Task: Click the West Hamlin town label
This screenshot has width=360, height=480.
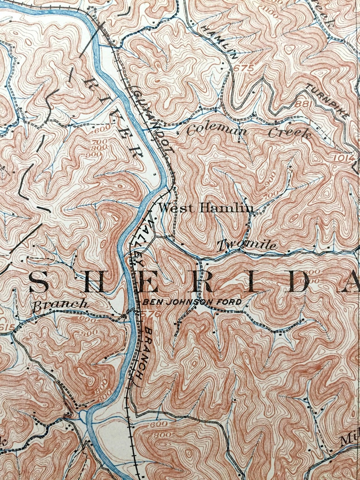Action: tap(207, 208)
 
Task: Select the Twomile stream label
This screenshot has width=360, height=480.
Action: tap(247, 245)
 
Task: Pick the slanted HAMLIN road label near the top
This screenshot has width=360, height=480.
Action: tap(220, 43)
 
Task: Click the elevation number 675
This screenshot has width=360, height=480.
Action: tap(243, 68)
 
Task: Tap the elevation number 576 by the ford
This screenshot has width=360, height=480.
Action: tap(147, 313)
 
